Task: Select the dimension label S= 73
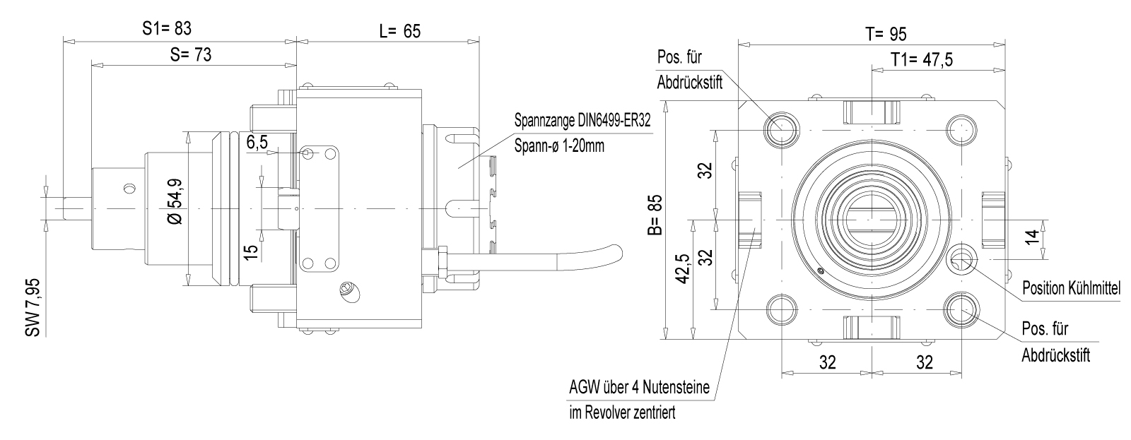coord(192,55)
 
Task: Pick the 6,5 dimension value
coord(257,143)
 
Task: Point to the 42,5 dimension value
coord(681,269)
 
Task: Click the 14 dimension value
coord(1033,237)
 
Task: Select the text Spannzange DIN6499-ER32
coord(582,121)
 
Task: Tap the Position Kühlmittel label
coord(1072,289)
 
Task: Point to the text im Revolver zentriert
coord(622,412)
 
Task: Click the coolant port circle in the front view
coord(962,259)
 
